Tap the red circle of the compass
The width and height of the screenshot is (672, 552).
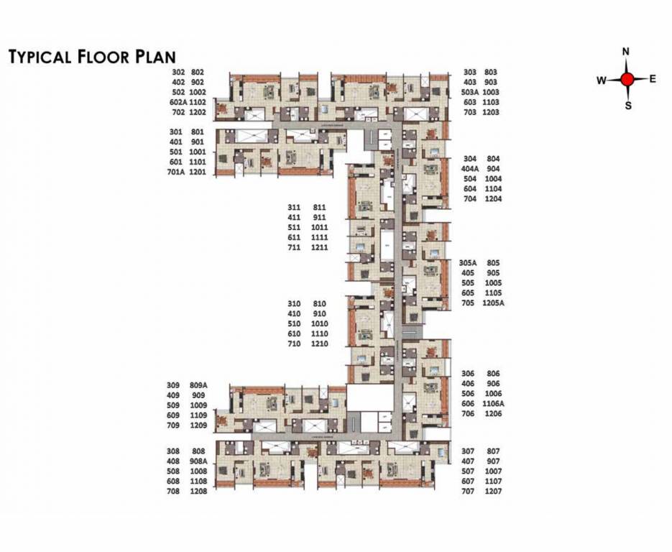(x=627, y=79)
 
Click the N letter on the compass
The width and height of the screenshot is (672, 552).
(x=626, y=52)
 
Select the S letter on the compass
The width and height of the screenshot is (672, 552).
(x=627, y=106)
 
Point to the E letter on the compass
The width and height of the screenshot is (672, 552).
(x=653, y=79)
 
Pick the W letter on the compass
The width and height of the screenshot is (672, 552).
(x=601, y=80)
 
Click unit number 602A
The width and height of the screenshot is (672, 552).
(x=179, y=103)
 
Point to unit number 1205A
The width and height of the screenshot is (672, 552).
(x=495, y=303)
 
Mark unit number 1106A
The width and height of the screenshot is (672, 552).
(x=495, y=404)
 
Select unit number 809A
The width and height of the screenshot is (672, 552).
(x=198, y=385)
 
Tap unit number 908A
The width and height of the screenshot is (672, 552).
(x=198, y=461)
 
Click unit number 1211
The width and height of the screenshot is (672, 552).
(x=320, y=247)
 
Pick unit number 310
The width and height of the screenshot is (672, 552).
(x=293, y=304)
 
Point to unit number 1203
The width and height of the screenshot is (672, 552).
(x=491, y=113)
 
